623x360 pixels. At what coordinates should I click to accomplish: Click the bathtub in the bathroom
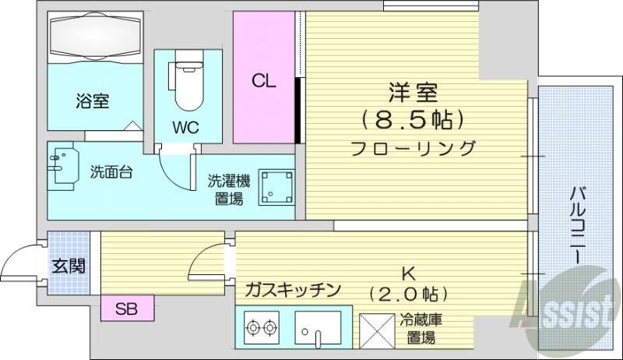[94, 38]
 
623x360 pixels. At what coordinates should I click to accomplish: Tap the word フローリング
[413, 147]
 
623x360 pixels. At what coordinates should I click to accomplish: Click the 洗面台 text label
[110, 172]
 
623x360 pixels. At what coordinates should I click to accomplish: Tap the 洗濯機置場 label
[228, 190]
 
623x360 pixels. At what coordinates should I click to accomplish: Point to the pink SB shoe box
[127, 309]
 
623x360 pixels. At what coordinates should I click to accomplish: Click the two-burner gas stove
[262, 329]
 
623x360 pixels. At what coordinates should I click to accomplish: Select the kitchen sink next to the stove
[319, 328]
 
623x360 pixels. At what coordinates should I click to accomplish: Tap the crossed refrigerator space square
[377, 329]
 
